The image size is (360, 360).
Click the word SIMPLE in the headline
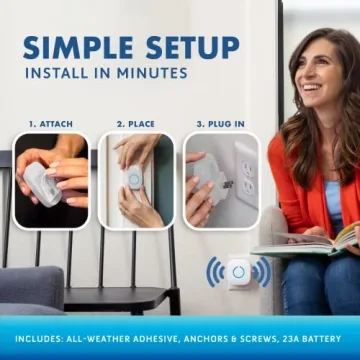(x=77, y=47)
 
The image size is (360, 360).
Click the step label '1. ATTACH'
(x=50, y=124)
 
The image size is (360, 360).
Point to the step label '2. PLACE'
(x=135, y=124)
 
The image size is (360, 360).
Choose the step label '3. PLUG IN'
(x=220, y=124)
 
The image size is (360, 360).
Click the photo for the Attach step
(x=50, y=180)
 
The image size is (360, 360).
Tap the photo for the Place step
(x=135, y=180)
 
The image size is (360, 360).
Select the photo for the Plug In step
(x=220, y=180)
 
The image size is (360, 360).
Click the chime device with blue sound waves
(x=238, y=272)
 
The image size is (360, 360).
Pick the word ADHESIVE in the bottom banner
(x=151, y=339)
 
